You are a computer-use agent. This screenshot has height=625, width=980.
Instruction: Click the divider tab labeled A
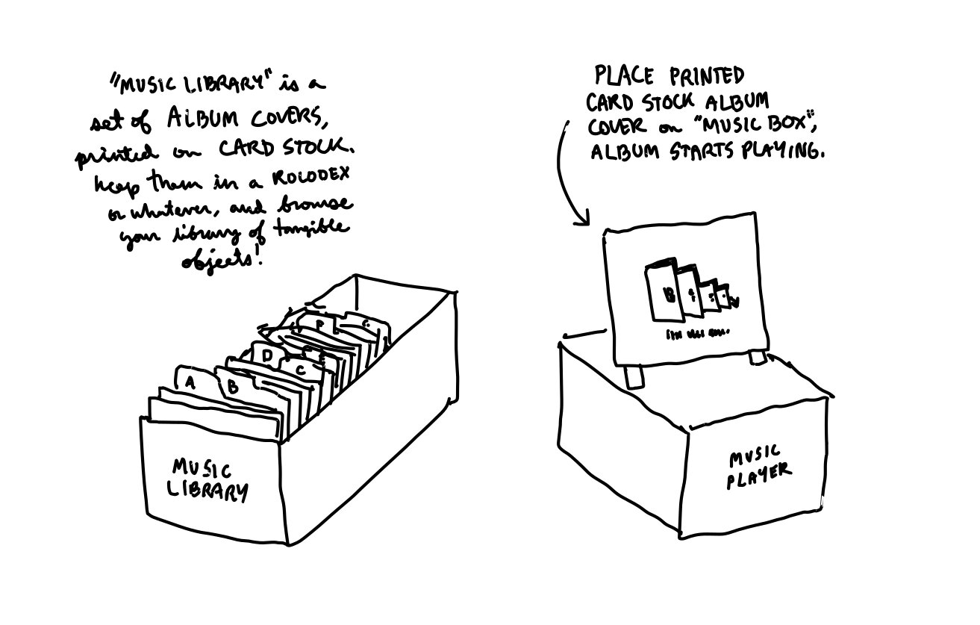pyautogui.click(x=190, y=382)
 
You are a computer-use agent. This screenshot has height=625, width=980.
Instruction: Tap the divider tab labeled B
pyautogui.click(x=232, y=386)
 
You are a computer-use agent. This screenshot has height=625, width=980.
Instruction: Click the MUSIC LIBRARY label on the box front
pyautogui.click(x=209, y=479)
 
